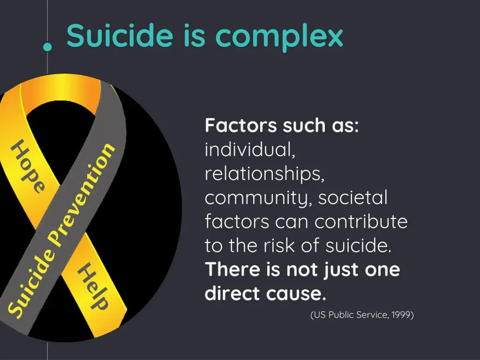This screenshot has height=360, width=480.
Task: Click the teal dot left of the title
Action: tap(47, 46)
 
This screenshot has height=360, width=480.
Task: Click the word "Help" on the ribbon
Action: tap(93, 286)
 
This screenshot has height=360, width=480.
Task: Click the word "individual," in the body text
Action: tap(250, 150)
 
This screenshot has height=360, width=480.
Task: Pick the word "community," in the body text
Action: tap(258, 198)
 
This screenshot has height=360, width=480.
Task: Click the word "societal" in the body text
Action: tap(353, 198)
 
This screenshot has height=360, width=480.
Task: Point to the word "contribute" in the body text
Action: tap(361, 222)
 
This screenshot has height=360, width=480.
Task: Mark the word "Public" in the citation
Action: tap(344, 315)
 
